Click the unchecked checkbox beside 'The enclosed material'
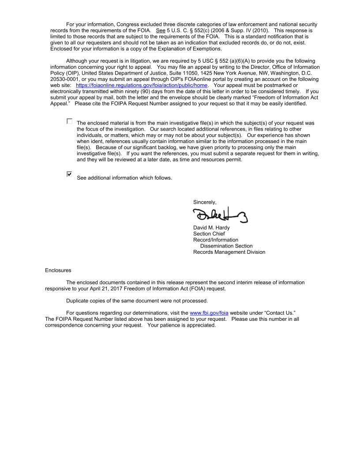coord(69,121)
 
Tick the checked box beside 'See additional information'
coord(69,174)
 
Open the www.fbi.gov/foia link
coord(209,313)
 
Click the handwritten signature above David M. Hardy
coord(219,215)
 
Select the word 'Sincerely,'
coord(205,202)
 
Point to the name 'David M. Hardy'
coord(211,228)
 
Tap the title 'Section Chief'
coord(209,234)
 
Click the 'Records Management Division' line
coord(229,252)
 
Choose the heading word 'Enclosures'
coord(58,270)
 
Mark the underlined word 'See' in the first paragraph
coord(161,30)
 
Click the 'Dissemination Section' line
coord(226,246)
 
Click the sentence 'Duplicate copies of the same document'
coord(137,301)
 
